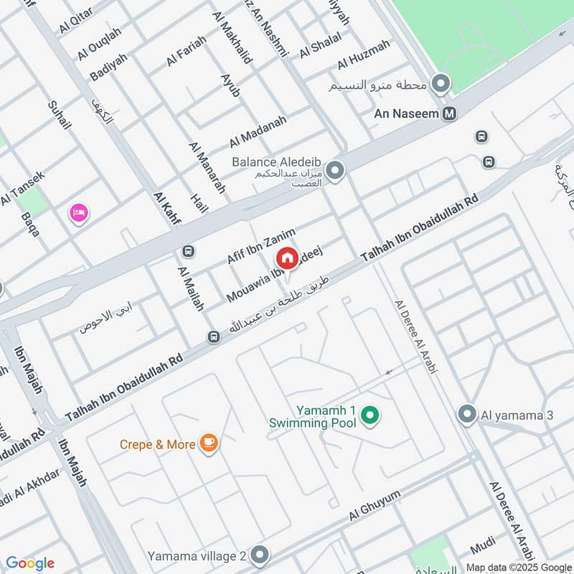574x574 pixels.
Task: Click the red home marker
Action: click(x=287, y=258)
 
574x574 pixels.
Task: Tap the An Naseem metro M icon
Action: click(x=450, y=113)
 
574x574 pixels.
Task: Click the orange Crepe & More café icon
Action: click(x=209, y=443)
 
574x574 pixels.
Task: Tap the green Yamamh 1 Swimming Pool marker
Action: click(x=370, y=415)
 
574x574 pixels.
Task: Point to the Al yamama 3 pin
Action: click(x=467, y=414)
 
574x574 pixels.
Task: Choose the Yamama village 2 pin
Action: click(x=260, y=555)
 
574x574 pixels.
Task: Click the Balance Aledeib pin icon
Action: click(x=334, y=171)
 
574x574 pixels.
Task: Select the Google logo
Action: click(x=30, y=563)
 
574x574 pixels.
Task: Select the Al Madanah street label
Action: click(x=258, y=131)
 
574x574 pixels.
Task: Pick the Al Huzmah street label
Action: click(x=363, y=55)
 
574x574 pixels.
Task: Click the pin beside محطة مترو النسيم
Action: click(x=441, y=84)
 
